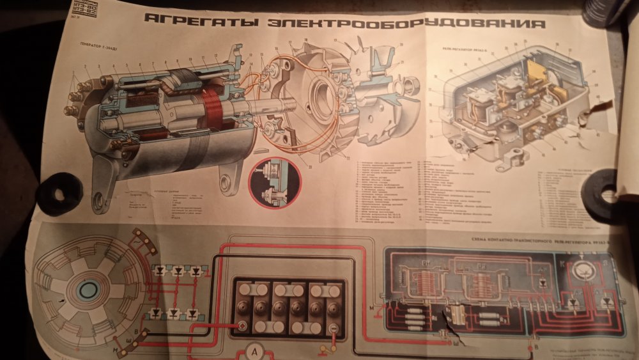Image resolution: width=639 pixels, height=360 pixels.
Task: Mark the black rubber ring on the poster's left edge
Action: click(58, 191)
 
